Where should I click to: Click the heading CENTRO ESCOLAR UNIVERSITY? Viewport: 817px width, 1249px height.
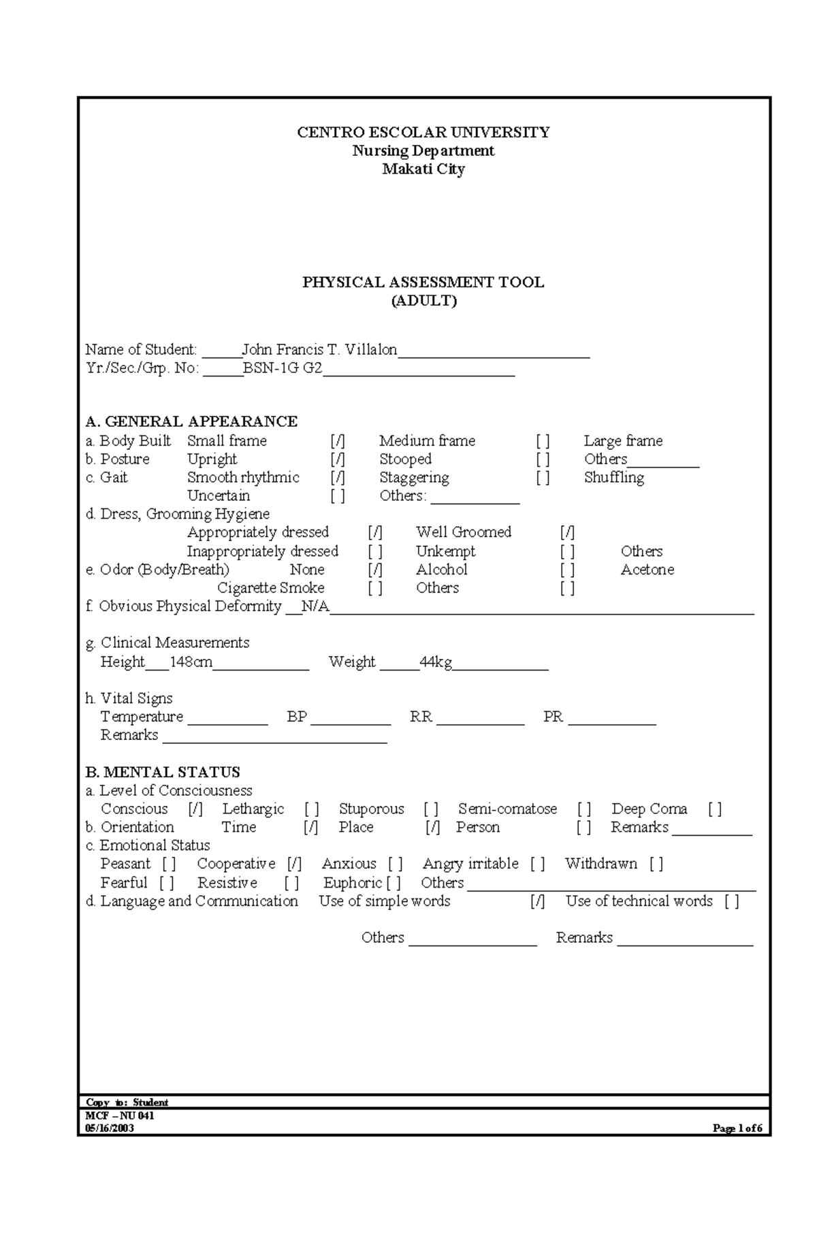click(x=423, y=132)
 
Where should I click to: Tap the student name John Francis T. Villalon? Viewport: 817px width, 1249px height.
click(x=319, y=350)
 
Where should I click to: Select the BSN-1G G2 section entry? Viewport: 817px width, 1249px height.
click(x=283, y=368)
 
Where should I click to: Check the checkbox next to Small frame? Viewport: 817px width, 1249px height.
click(x=338, y=441)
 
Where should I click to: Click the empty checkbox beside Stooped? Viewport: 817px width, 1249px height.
click(x=543, y=459)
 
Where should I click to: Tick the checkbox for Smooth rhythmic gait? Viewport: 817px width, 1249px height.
click(x=338, y=478)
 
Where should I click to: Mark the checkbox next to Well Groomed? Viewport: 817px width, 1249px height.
click(x=567, y=532)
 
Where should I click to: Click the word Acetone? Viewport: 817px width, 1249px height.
click(x=647, y=570)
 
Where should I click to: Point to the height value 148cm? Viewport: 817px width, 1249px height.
click(x=191, y=662)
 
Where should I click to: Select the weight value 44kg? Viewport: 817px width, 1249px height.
click(x=436, y=662)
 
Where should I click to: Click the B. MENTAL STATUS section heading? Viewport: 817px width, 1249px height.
click(x=162, y=772)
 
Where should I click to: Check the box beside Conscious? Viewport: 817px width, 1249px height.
click(x=196, y=809)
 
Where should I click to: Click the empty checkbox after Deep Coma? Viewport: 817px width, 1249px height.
click(x=714, y=809)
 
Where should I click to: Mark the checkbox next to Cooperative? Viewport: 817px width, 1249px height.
click(x=294, y=864)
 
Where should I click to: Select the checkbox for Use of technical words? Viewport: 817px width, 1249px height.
click(x=731, y=901)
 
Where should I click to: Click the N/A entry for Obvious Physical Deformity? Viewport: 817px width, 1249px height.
click(x=315, y=606)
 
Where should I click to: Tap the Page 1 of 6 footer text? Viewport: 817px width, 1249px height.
click(x=737, y=1129)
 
